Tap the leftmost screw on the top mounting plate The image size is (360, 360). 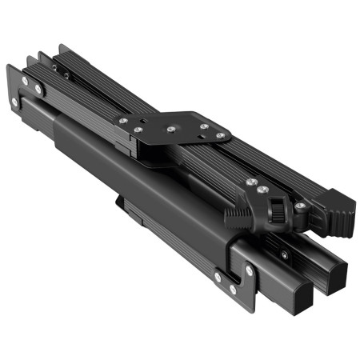(122, 121)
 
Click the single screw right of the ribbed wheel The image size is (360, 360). (299, 206)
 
